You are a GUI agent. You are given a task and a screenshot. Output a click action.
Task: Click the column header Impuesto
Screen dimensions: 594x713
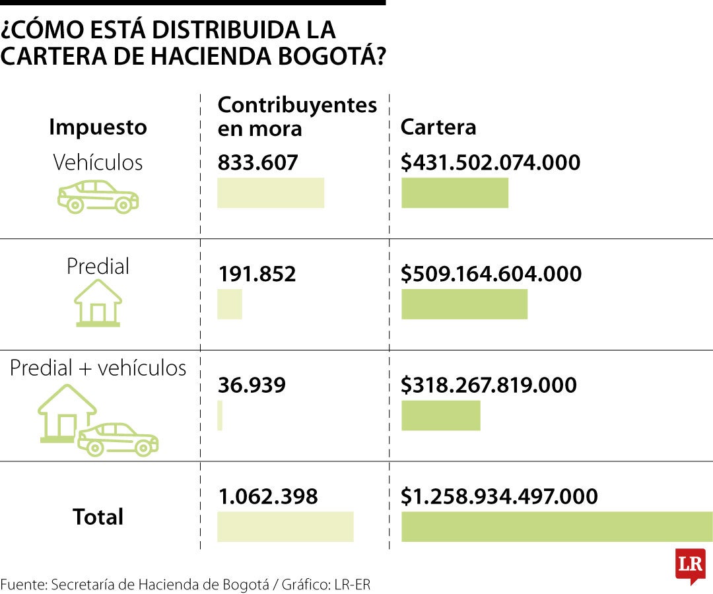pyautogui.click(x=98, y=127)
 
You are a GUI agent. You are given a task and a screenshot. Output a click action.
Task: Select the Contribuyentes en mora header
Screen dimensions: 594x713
pyautogui.click(x=297, y=116)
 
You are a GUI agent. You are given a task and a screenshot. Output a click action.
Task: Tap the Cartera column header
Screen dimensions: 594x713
pyautogui.click(x=438, y=127)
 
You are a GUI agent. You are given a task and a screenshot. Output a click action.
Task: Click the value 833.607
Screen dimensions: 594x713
pyautogui.click(x=258, y=162)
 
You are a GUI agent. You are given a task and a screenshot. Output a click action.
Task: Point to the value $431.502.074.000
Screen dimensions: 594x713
pyautogui.click(x=491, y=162)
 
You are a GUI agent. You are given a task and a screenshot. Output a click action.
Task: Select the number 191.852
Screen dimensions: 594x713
pyautogui.click(x=257, y=274)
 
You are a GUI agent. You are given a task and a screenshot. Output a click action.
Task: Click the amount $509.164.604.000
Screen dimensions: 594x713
pyautogui.click(x=491, y=274)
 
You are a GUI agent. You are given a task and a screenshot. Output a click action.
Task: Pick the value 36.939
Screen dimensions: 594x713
pyautogui.click(x=252, y=385)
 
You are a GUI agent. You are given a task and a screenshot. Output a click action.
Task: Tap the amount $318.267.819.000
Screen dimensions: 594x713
pyautogui.click(x=489, y=385)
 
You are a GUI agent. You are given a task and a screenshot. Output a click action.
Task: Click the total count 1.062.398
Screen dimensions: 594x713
pyautogui.click(x=268, y=496)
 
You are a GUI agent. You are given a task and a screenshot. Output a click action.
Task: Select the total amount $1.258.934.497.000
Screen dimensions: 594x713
pyautogui.click(x=499, y=496)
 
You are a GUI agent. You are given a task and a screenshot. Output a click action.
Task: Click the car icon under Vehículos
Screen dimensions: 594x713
pyautogui.click(x=98, y=196)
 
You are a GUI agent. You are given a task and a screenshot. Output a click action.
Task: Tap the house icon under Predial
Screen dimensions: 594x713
pyautogui.click(x=98, y=303)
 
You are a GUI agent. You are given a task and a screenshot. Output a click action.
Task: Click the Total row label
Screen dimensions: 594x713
pyautogui.click(x=98, y=517)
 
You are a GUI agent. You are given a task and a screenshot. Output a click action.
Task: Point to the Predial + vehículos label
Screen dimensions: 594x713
pyautogui.click(x=98, y=368)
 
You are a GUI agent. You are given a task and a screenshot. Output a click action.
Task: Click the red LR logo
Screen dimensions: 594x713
pyautogui.click(x=690, y=565)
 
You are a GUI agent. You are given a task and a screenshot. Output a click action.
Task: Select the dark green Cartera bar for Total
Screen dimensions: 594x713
pyautogui.click(x=557, y=526)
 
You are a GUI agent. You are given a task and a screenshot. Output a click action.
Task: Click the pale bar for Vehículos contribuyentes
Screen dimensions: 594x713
pyautogui.click(x=271, y=193)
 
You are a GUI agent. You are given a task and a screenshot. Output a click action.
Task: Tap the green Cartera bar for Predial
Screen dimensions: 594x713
pyautogui.click(x=464, y=304)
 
